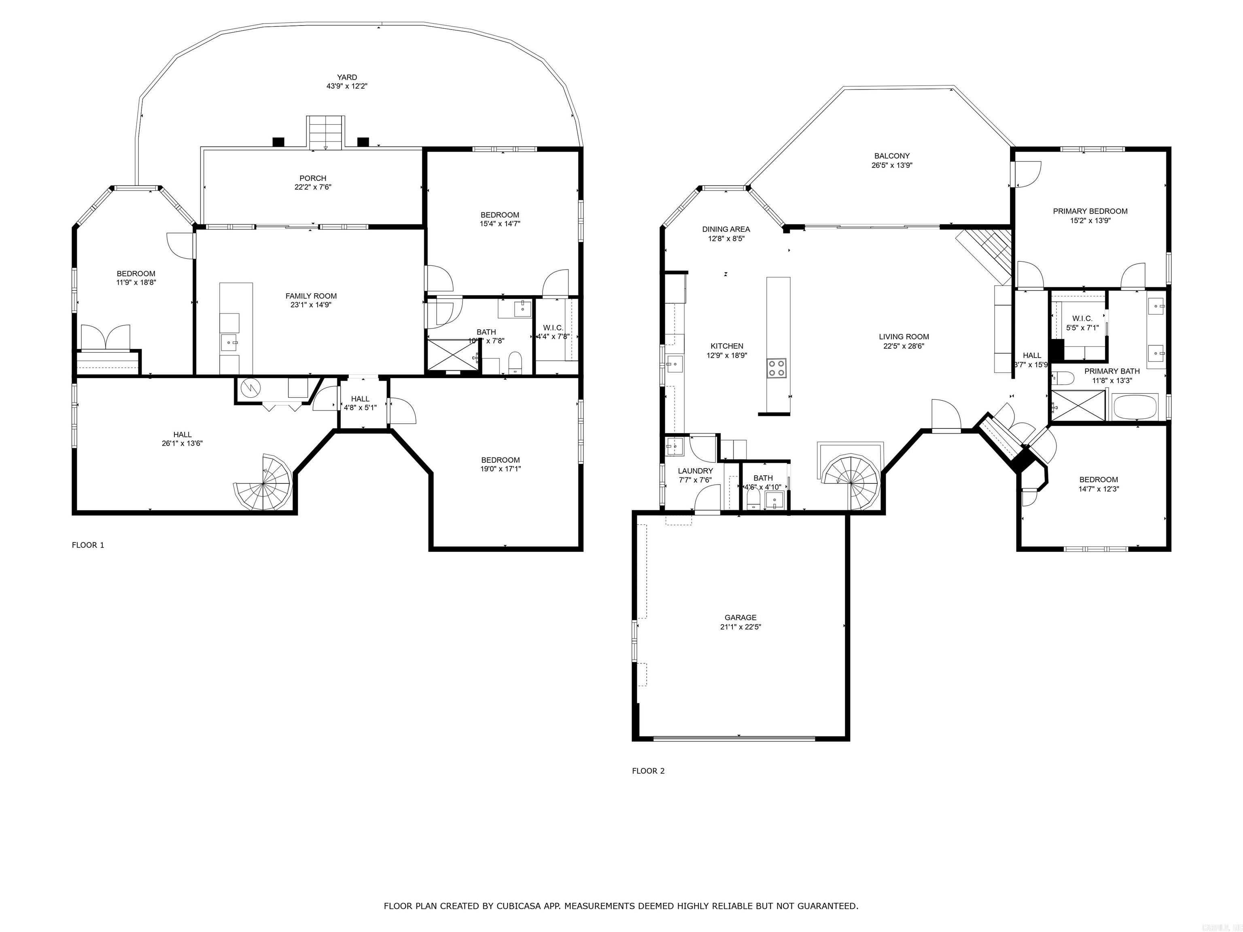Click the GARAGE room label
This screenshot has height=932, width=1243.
pos(740,617)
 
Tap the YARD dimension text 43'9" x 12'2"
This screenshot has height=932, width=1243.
pos(347,87)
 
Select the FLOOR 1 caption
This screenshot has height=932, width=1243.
pos(88,545)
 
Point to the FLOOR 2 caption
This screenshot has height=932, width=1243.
pos(648,771)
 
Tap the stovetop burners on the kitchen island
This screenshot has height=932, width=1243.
pos(777,369)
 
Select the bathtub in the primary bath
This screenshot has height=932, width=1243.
pos(1135,406)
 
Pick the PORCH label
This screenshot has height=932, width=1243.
pos(313,178)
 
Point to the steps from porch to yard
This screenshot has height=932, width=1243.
pos(325,133)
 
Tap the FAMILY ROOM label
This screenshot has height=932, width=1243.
pos(311,296)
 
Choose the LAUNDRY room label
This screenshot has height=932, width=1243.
pos(695,471)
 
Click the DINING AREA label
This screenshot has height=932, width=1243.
pos(726,229)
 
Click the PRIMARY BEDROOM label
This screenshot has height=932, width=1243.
pos(1090,211)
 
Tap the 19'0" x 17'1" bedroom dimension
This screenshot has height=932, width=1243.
pos(500,468)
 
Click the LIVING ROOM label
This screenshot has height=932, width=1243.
pos(904,337)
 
